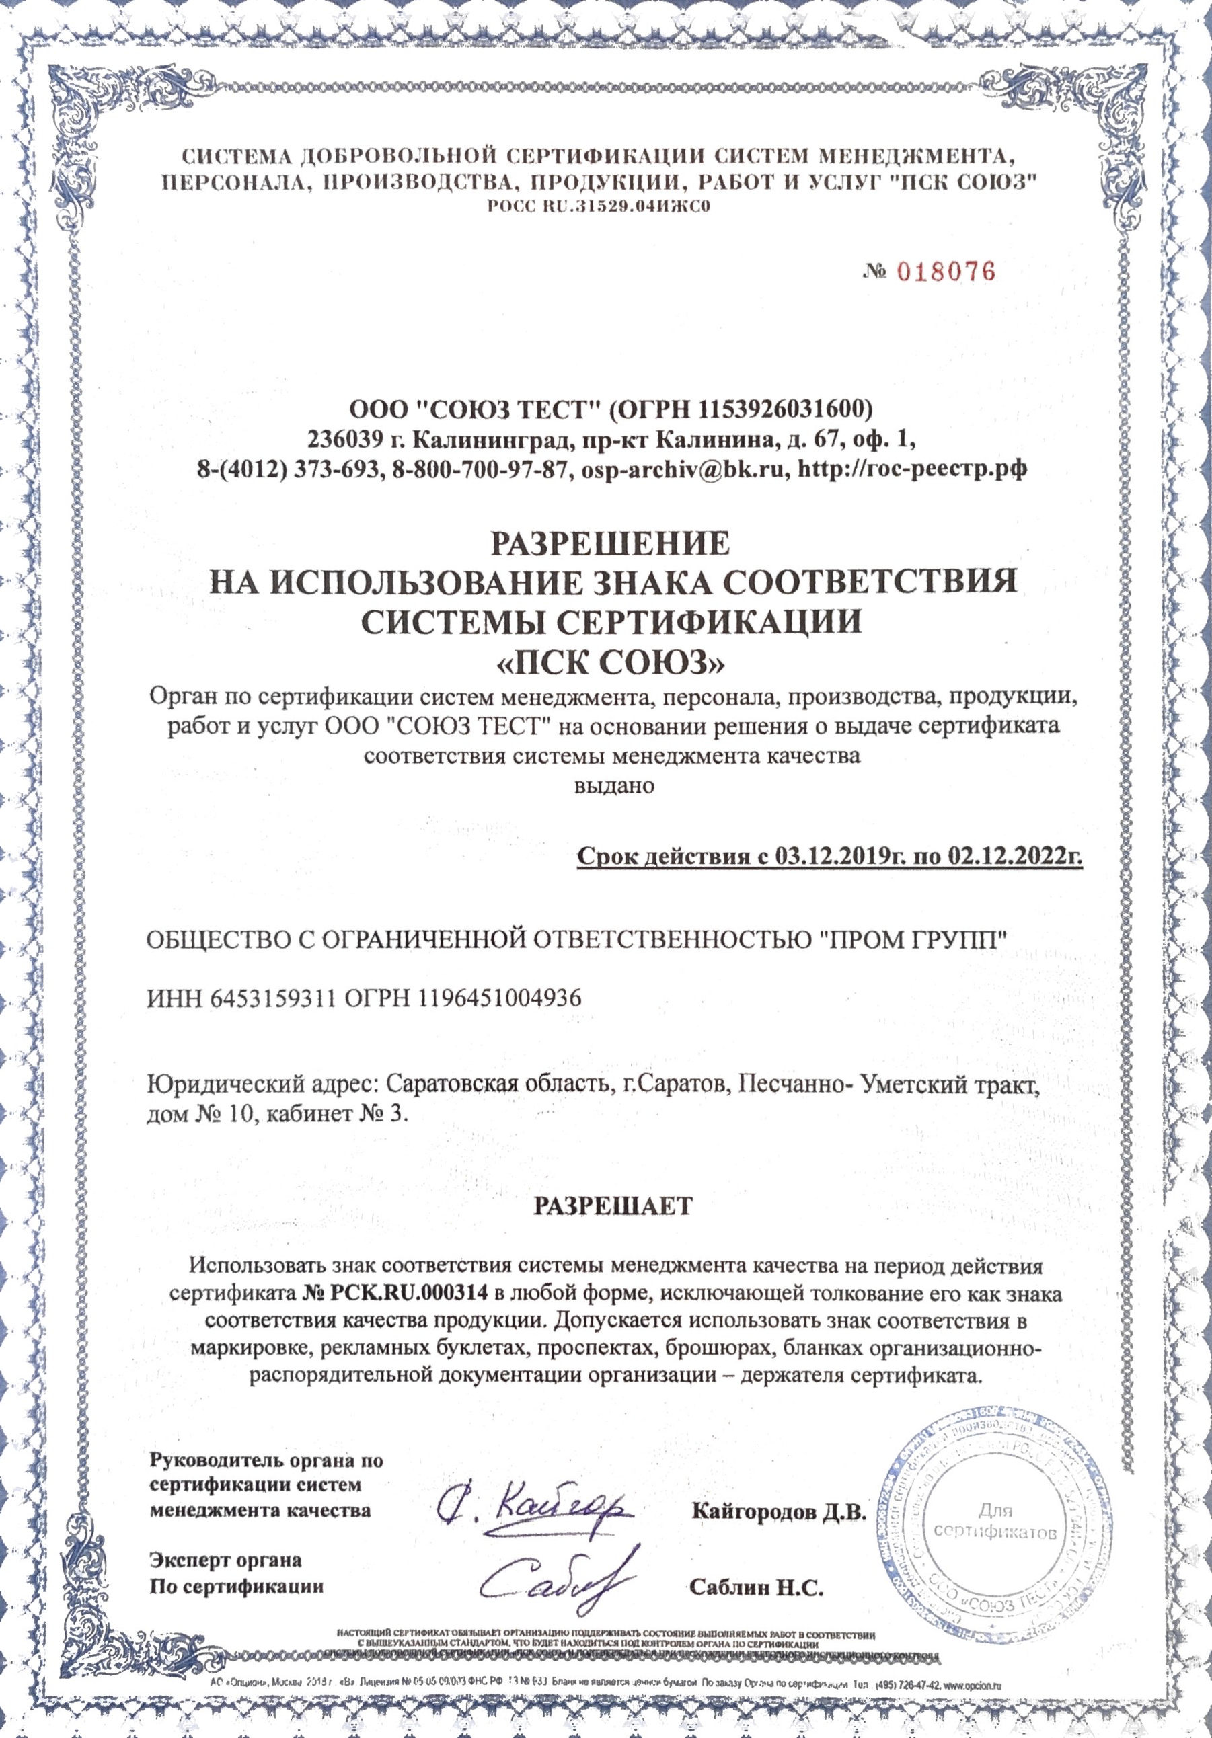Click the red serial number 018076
(946, 272)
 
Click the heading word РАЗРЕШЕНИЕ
(611, 543)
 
